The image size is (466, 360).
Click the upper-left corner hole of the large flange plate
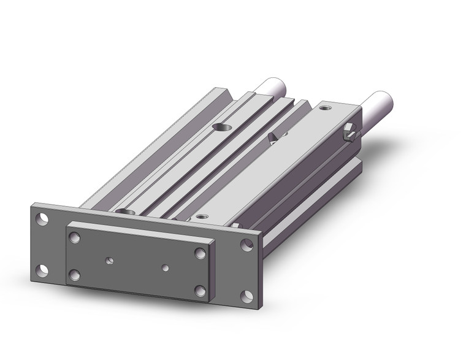[x=41, y=218]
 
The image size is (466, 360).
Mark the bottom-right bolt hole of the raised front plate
[x=200, y=290]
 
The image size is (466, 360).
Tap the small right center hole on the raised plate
[x=166, y=267]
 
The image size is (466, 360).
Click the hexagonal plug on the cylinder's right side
[x=351, y=131]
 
